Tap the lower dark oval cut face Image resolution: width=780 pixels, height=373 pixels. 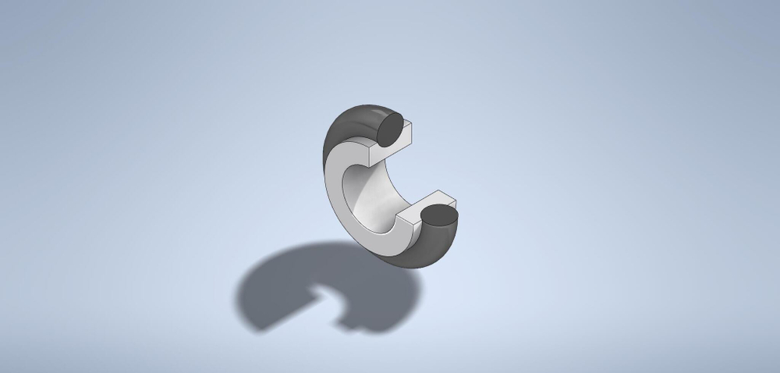(x=440, y=215)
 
